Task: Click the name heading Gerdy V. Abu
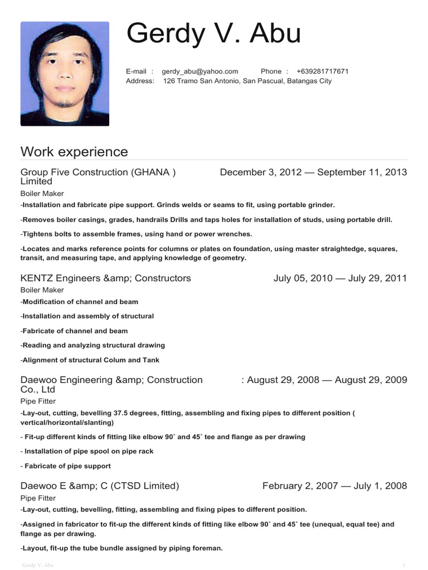pyautogui.click(x=213, y=34)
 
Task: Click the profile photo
pyautogui.click(x=65, y=73)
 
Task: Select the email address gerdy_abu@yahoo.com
pyautogui.click(x=200, y=71)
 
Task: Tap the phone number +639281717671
pyautogui.click(x=323, y=71)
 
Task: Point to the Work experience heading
pyautogui.click(x=74, y=151)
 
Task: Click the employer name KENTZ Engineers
pyautogui.click(x=61, y=278)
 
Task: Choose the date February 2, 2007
pyautogui.click(x=300, y=486)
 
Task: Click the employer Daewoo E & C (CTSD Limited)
pyautogui.click(x=100, y=486)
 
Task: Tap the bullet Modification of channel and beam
pyautogui.click(x=80, y=302)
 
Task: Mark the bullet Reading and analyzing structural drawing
pyautogui.click(x=93, y=345)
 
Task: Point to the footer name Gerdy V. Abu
pyautogui.click(x=37, y=566)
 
